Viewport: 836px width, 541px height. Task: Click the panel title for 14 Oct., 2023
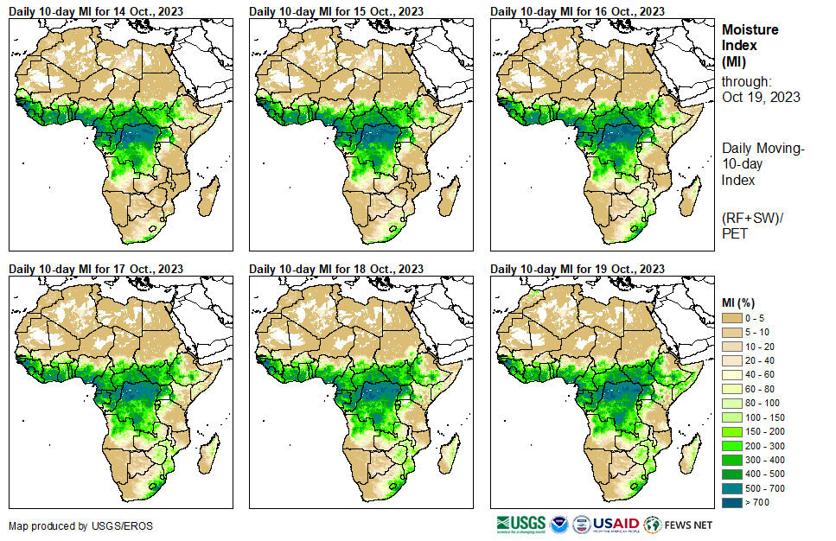coord(96,11)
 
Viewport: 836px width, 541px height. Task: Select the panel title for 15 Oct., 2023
coord(336,11)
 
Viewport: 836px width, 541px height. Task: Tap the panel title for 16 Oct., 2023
coord(578,11)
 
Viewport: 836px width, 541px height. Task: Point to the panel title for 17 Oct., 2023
coord(96,269)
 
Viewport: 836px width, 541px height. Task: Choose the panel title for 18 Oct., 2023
coord(336,269)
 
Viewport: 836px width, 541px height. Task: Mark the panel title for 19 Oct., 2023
coord(578,269)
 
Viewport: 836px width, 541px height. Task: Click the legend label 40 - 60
coord(761,375)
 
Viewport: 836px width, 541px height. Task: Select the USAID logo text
coord(615,525)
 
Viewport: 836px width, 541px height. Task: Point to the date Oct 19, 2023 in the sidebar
coord(761,97)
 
